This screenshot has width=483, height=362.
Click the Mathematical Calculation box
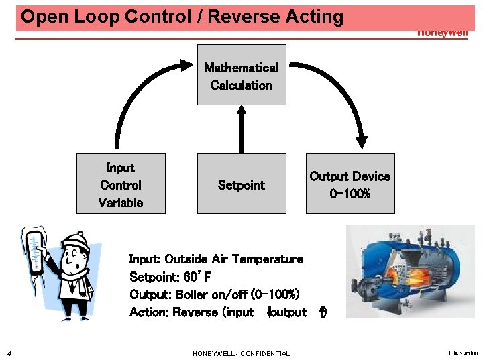[x=241, y=75]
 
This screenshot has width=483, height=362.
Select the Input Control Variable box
[x=121, y=184]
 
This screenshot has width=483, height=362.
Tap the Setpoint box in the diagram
[x=241, y=184]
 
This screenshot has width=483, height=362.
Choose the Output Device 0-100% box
[x=350, y=184]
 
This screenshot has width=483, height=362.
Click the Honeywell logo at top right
[x=442, y=32]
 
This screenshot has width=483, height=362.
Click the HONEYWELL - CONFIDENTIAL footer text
[x=241, y=353]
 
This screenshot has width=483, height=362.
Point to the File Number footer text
[x=464, y=353]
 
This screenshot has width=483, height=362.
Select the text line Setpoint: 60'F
[x=170, y=277]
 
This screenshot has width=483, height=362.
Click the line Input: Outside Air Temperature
[x=216, y=259]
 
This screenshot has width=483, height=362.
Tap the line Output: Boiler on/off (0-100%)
[x=215, y=295]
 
